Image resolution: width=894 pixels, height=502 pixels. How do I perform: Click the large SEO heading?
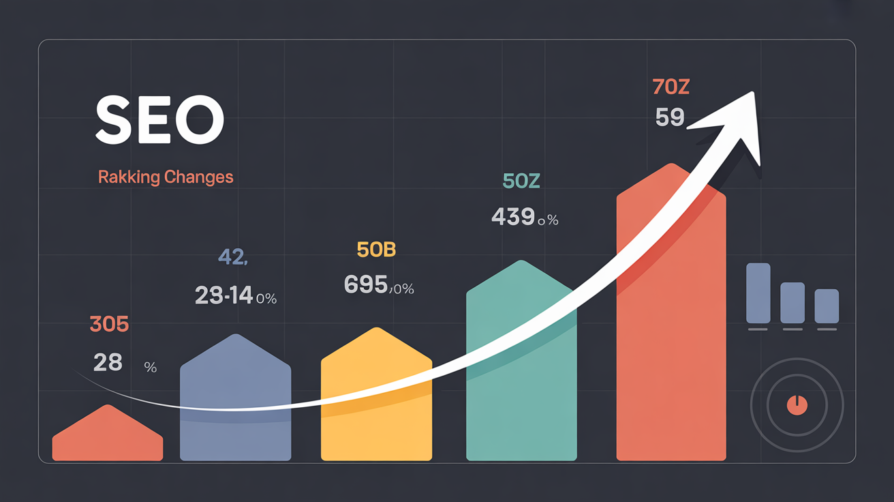(x=159, y=120)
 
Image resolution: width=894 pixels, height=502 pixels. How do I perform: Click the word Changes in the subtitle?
(x=198, y=177)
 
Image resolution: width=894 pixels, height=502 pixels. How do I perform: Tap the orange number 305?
(x=109, y=325)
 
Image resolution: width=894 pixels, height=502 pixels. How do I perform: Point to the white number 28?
(x=108, y=363)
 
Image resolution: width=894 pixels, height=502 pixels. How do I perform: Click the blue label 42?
(x=232, y=257)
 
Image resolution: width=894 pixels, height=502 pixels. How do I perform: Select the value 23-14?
(x=223, y=295)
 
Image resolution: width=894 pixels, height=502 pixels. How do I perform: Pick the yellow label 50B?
(x=376, y=250)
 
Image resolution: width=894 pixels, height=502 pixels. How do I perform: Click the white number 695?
(x=366, y=284)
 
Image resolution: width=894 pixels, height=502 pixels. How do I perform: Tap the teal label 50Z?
(x=521, y=181)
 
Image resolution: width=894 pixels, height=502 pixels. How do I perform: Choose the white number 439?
(x=512, y=217)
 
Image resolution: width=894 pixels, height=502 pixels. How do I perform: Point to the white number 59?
(x=669, y=118)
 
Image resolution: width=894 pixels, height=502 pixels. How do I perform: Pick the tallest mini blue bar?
(x=758, y=293)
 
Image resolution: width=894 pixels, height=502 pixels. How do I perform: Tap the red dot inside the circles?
(x=797, y=405)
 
